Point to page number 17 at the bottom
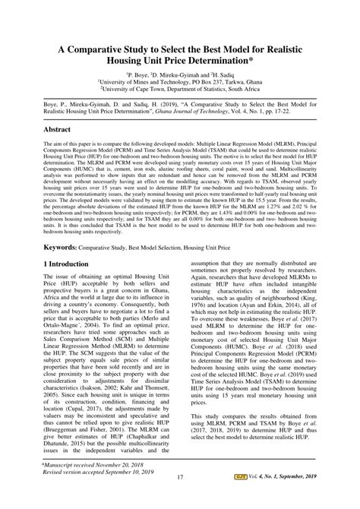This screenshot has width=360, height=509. pyautogui.click(x=180, y=498)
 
